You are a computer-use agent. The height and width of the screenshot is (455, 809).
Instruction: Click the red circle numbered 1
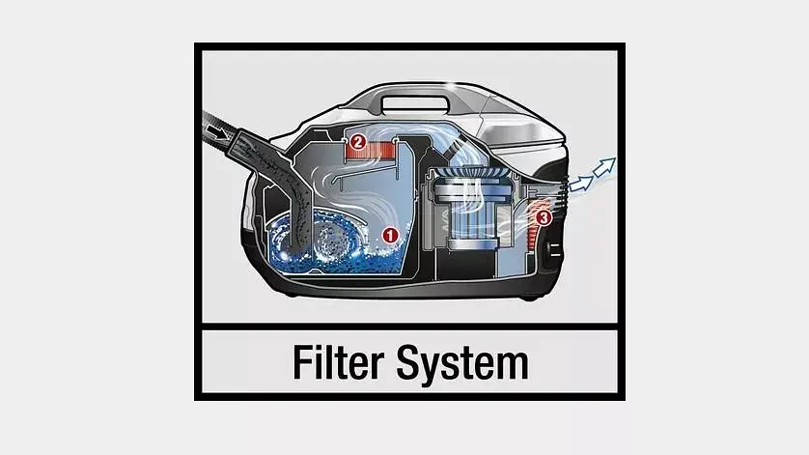click(390, 235)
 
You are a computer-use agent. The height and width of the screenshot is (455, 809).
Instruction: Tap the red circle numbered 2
click(357, 141)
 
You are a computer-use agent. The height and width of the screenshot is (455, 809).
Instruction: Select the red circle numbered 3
click(543, 218)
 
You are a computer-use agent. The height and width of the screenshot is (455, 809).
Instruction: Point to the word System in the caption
click(462, 364)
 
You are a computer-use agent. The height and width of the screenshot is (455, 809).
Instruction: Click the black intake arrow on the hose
click(216, 131)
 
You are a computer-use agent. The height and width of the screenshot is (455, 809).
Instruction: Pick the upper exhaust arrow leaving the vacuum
click(604, 166)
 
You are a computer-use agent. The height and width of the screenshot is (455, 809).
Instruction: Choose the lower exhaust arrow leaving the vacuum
click(580, 184)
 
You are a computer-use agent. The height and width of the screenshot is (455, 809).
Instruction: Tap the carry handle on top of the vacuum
click(415, 102)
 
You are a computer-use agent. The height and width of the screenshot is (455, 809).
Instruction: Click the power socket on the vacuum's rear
click(553, 251)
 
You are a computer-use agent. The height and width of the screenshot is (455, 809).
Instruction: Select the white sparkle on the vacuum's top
click(452, 88)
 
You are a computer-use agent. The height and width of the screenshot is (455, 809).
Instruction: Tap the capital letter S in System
click(409, 362)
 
